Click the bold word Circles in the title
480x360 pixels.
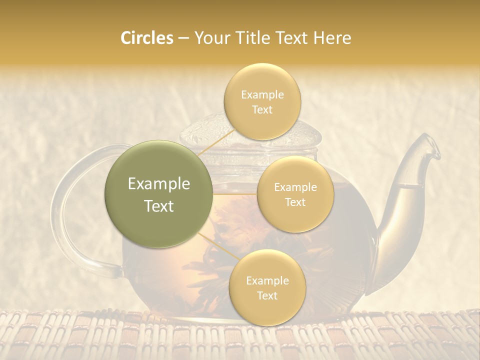147,38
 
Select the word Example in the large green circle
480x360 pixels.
159,184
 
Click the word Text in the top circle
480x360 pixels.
262,109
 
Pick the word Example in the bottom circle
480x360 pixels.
267,280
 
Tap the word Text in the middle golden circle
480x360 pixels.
295,202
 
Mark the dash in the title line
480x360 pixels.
183,38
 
